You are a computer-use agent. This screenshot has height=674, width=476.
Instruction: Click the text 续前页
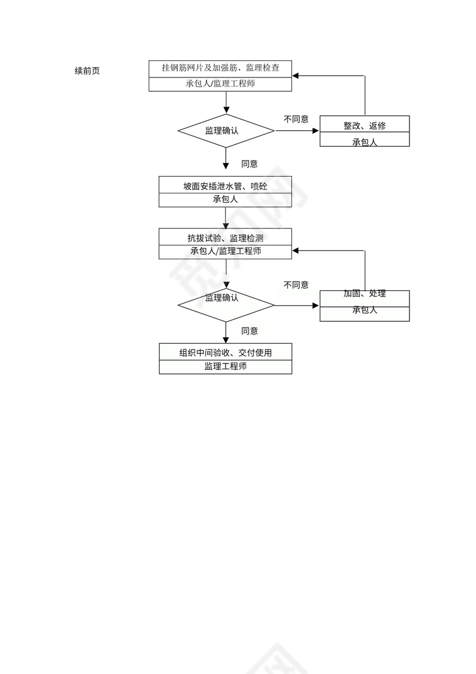pos(87,71)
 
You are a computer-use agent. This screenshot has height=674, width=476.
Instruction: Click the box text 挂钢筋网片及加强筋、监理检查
pos(221,68)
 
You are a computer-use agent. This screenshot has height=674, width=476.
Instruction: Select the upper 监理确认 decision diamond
pos(226,131)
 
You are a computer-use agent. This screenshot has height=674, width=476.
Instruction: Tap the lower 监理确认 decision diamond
pos(226,303)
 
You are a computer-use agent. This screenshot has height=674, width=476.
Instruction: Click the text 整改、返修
pos(365,125)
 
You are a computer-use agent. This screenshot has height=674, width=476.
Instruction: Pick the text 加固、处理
pos(365,294)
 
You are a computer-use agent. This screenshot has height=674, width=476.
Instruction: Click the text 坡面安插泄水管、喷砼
pos(225,186)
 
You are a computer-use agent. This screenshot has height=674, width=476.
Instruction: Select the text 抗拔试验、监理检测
pos(225,237)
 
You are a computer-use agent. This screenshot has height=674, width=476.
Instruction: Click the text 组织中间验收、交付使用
pos(225,352)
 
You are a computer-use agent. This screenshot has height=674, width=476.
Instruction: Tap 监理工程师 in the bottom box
pos(225,366)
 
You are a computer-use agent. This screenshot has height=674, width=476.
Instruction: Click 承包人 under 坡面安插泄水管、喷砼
pos(225,200)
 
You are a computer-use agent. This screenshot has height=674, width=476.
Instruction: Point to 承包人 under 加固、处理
pos(365,310)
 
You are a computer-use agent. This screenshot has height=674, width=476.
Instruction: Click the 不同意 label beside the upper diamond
pos(296,119)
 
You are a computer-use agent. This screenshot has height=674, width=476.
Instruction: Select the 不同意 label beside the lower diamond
pos(296,285)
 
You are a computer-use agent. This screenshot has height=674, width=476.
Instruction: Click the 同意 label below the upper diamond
pos(249,164)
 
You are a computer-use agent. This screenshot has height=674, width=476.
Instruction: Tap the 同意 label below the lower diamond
pos(249,331)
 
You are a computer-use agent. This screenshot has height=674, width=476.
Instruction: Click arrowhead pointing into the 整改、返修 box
pos(316,131)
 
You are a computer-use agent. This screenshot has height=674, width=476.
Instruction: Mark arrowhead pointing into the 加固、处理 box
pos(315,306)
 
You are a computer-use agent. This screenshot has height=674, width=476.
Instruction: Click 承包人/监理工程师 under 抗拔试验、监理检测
pos(225,251)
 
